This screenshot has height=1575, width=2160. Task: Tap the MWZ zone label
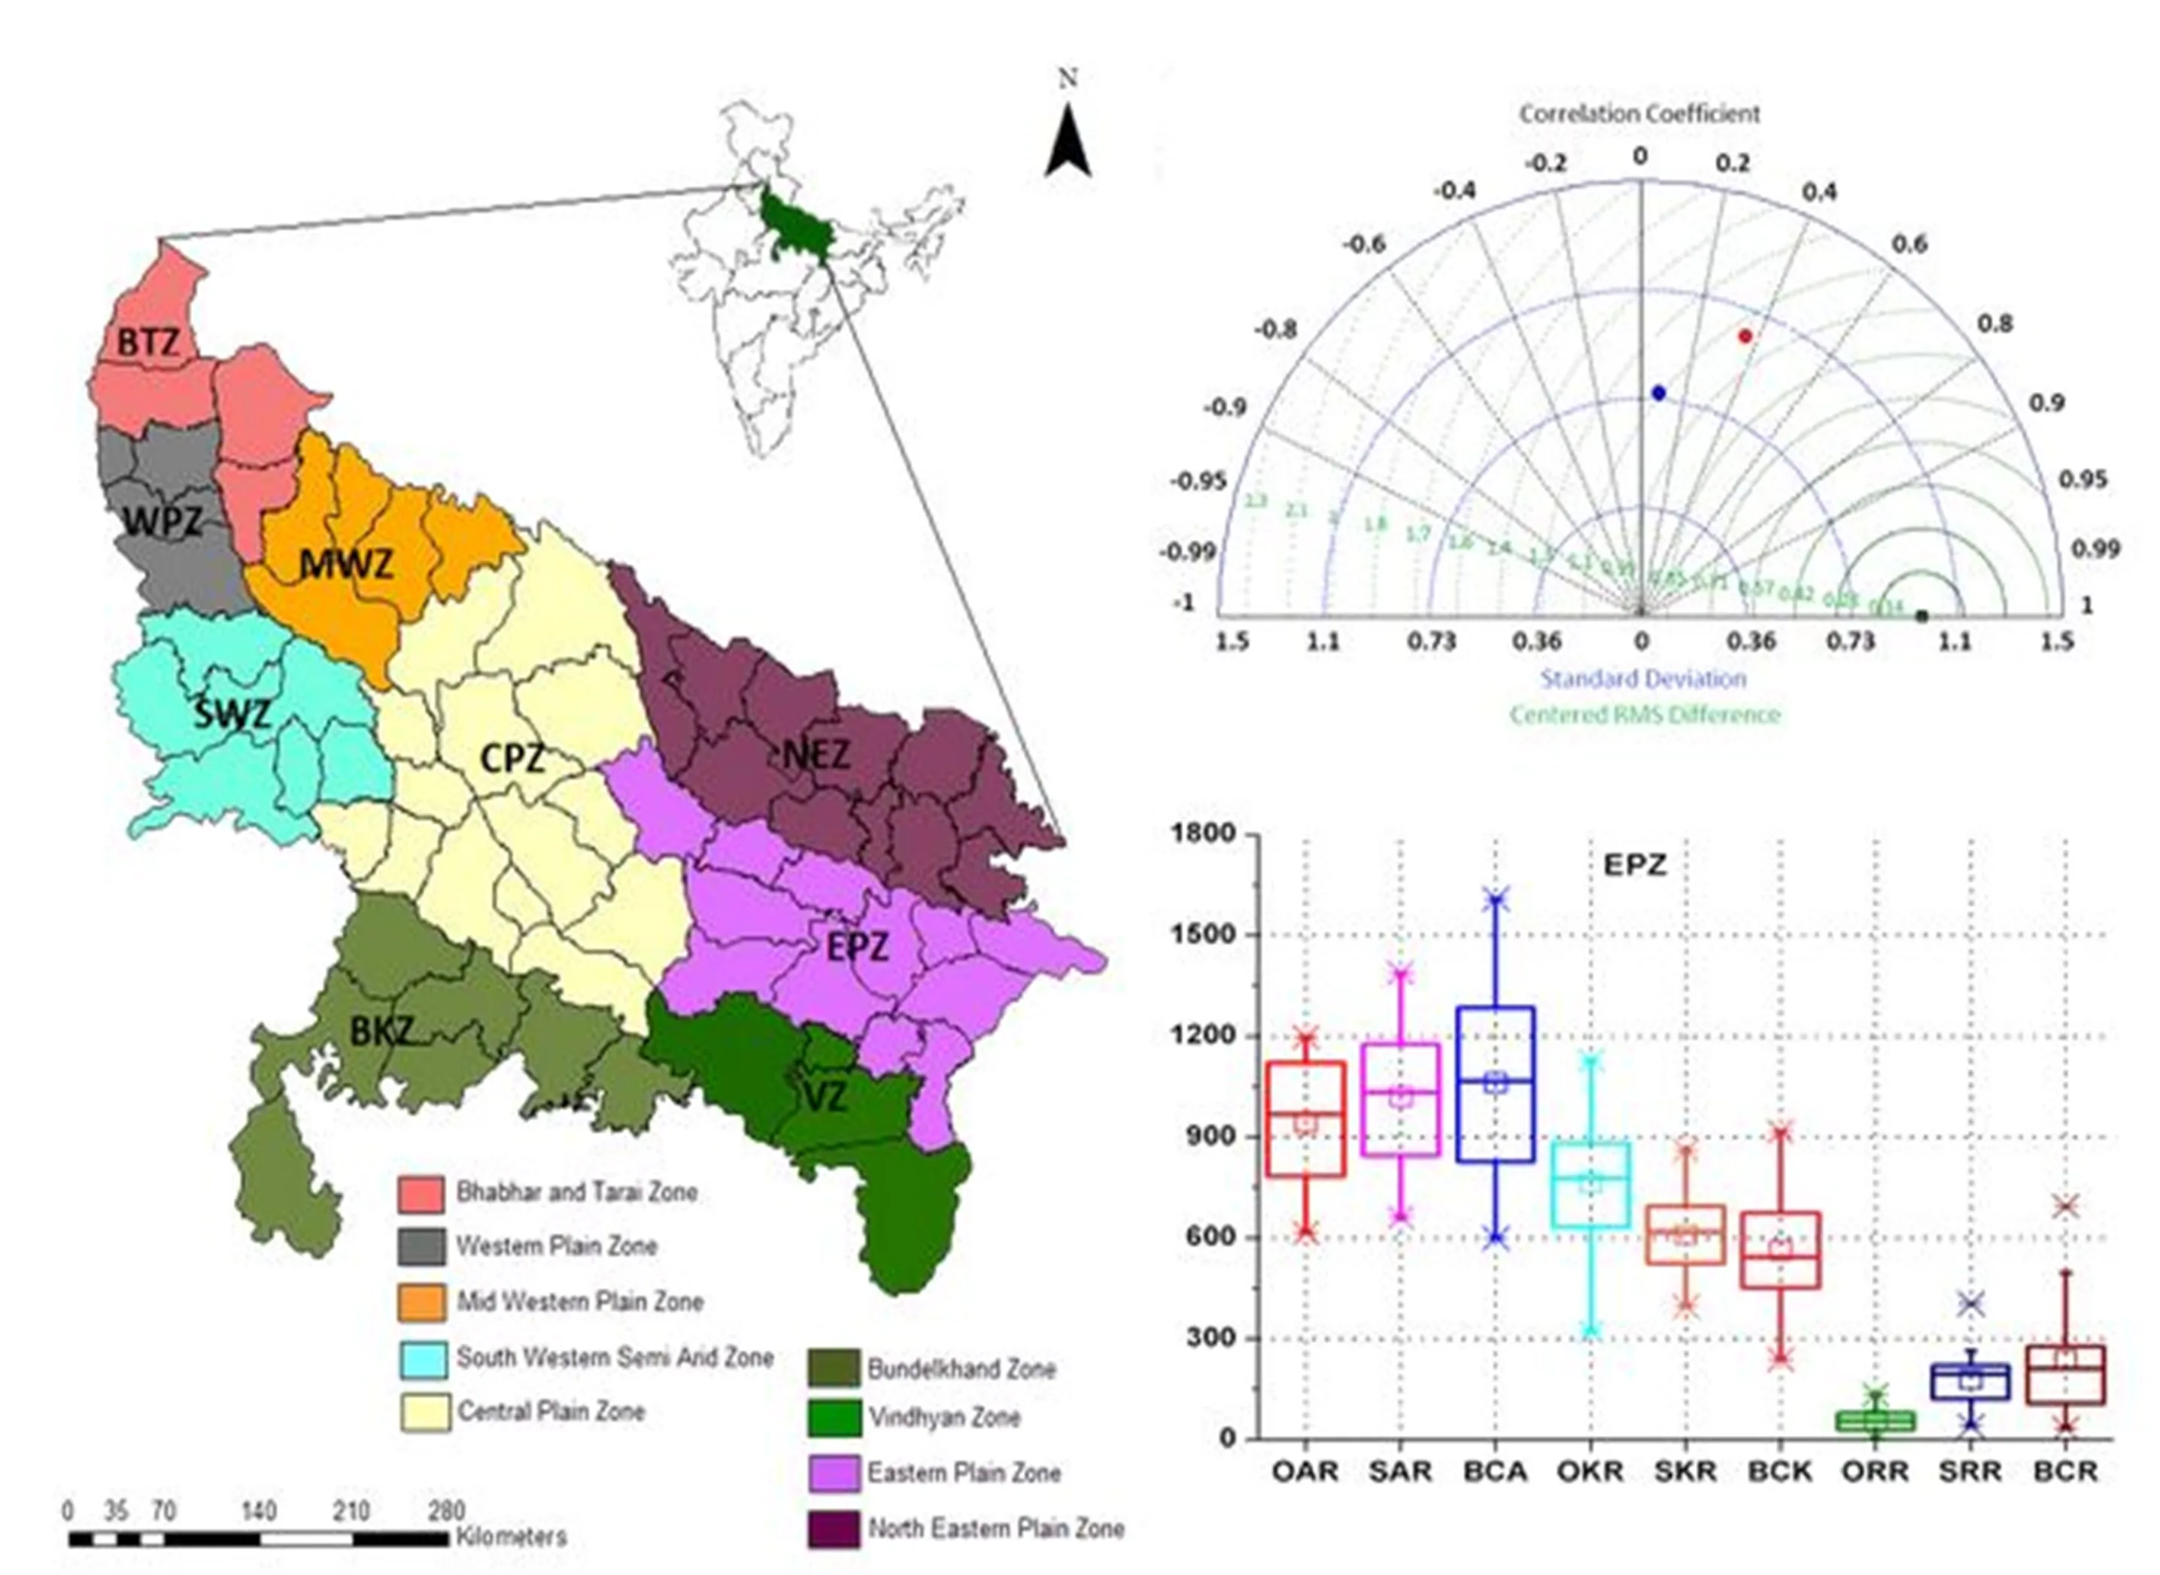345,564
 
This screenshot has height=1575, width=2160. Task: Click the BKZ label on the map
381,1031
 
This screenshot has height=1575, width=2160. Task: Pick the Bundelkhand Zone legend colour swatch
831,1370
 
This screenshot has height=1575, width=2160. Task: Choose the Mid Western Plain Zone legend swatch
421,1302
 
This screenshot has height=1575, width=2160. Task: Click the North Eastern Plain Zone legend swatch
831,1529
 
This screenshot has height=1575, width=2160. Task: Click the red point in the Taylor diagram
1745,335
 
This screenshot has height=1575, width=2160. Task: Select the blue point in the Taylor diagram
1658,393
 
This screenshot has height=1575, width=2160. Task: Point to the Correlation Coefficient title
1639,114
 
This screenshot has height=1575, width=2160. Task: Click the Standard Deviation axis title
1643,678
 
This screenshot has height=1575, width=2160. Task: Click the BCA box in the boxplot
1496,1084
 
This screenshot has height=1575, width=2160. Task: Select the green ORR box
1876,1421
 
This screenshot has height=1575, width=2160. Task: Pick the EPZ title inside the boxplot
1635,865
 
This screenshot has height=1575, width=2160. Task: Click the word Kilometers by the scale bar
511,1537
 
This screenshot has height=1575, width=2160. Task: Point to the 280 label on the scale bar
446,1511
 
